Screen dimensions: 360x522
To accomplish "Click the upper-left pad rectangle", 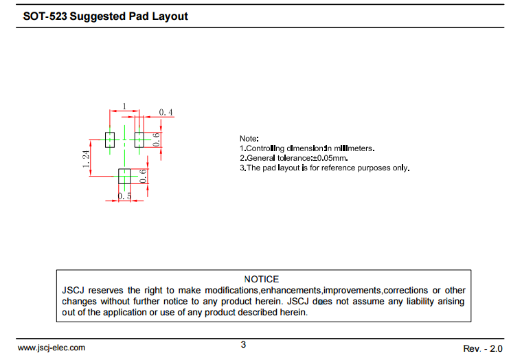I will tap(109, 139).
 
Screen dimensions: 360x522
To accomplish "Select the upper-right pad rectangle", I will tap(139, 139).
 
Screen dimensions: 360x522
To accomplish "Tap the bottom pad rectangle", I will tap(124, 177).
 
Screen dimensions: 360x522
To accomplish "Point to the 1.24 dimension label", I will tap(86, 159).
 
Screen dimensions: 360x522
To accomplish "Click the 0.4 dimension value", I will tap(166, 112).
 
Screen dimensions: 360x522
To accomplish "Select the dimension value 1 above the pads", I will tap(124, 106).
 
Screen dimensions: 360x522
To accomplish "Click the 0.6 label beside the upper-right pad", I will tap(156, 139).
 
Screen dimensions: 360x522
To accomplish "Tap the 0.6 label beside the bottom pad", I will tap(143, 177).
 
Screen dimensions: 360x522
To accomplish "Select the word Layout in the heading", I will tap(170, 16).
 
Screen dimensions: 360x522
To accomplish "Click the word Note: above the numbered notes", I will tap(249, 139).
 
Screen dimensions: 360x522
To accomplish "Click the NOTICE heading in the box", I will tap(262, 279).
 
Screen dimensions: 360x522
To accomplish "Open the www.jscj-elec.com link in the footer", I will tap(52, 348).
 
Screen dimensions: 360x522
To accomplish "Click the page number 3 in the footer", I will tap(243, 345).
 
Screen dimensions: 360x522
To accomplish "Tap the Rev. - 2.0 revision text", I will tap(484, 348).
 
